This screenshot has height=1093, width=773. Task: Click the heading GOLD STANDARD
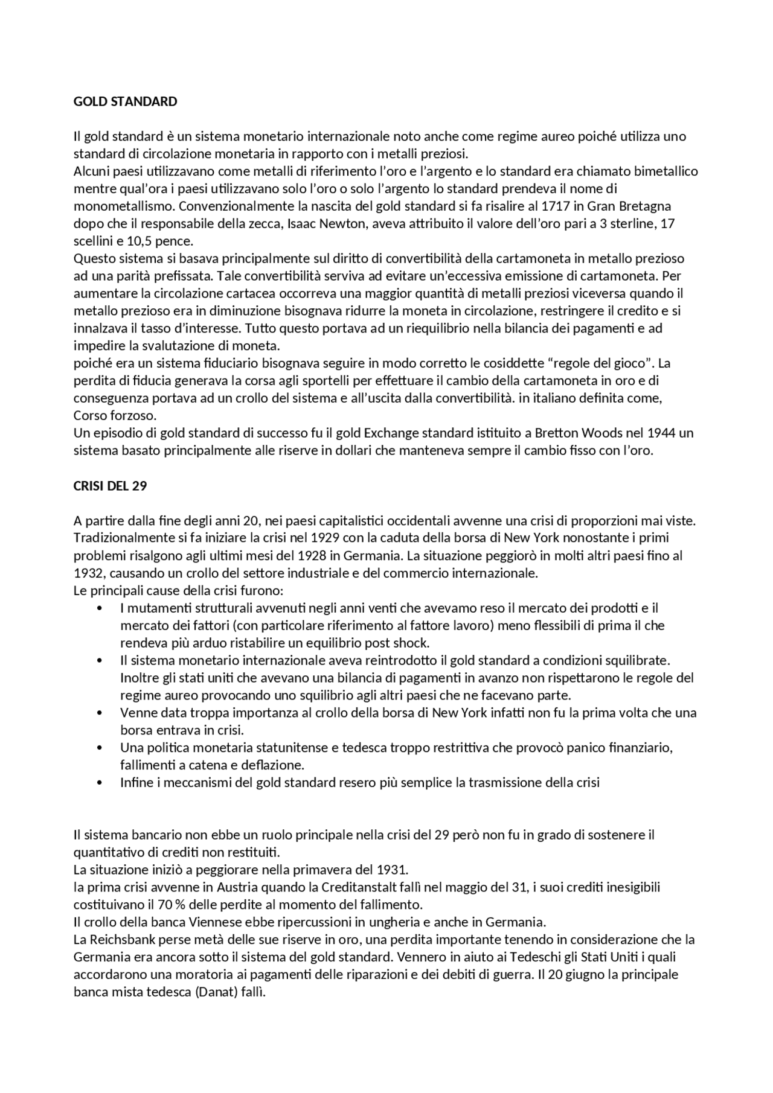coord(125,101)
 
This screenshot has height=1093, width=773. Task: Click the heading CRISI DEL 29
coord(110,486)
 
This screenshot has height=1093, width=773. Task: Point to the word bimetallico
coord(664,171)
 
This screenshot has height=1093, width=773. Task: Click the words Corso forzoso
coord(115,416)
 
